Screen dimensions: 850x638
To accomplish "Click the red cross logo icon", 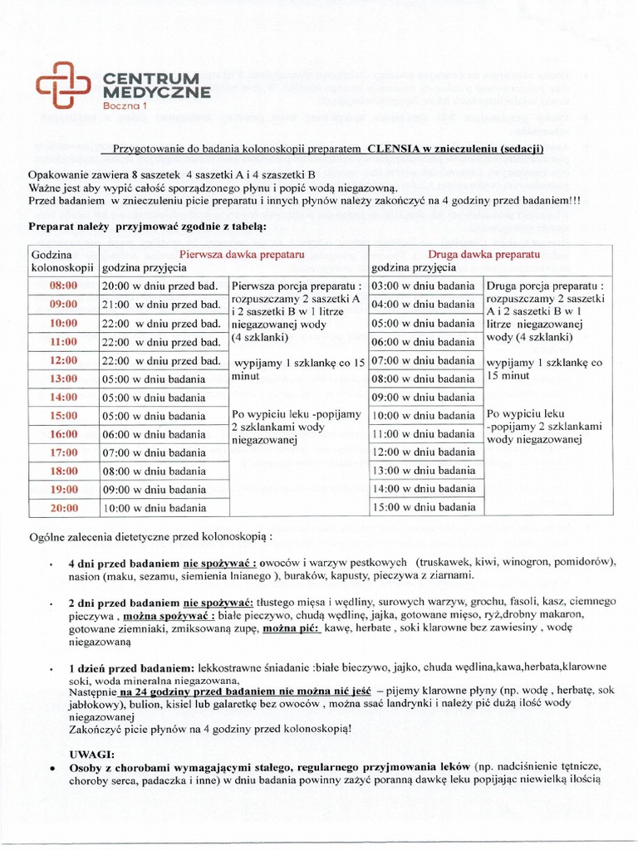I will (63, 85).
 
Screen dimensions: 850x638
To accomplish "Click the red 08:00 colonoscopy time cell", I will (64, 286).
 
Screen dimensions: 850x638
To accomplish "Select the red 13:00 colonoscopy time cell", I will (64, 379).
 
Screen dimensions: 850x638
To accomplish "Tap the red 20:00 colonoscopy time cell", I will (64, 508).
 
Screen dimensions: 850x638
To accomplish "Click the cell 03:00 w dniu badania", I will (424, 286).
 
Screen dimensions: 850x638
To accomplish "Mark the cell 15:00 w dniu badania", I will (424, 507).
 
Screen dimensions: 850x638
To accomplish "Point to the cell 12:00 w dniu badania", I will (424, 452).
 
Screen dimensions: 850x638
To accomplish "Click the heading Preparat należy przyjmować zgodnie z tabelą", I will (148, 226).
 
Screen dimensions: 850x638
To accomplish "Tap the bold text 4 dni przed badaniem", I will (124, 562).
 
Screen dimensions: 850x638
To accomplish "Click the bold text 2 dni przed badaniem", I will (124, 601).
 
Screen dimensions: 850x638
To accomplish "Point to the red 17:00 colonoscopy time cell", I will (64, 452).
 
